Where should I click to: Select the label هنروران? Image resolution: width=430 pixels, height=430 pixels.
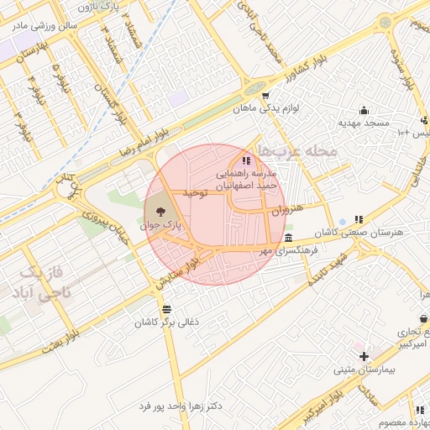click(286, 208)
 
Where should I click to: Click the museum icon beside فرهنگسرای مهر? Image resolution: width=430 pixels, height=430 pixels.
click(289, 239)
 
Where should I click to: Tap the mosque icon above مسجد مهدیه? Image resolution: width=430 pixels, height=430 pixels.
click(364, 110)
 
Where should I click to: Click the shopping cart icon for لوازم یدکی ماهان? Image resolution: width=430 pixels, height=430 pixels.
click(265, 96)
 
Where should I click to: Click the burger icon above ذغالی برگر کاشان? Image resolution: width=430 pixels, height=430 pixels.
click(166, 309)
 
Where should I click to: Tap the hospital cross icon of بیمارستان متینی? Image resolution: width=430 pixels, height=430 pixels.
click(364, 356)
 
